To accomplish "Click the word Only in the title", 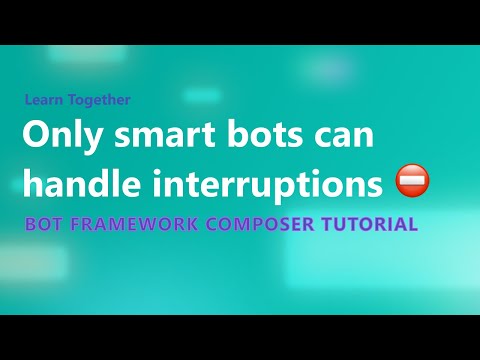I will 57,137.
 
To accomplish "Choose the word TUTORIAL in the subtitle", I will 370,224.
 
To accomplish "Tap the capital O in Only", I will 36,137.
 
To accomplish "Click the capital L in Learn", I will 29,100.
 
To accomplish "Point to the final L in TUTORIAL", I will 413,224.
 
